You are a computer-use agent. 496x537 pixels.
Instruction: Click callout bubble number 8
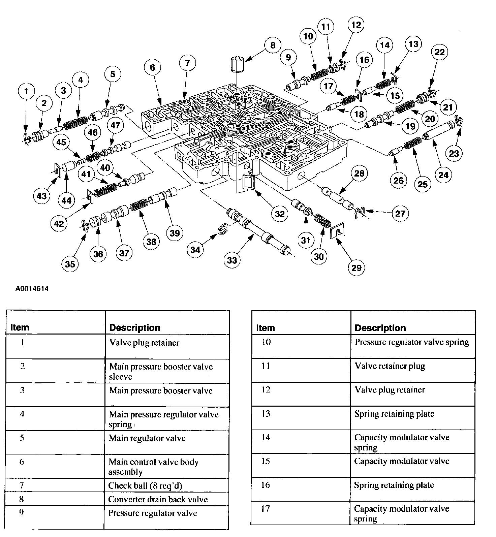click(272, 45)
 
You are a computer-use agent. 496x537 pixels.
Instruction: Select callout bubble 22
click(439, 52)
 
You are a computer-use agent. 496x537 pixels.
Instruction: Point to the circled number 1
click(27, 91)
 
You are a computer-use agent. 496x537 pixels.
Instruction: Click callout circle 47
click(115, 126)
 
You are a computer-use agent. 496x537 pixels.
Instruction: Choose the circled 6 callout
click(152, 68)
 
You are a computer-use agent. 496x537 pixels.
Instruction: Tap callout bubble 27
click(400, 213)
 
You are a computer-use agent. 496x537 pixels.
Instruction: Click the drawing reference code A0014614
click(32, 289)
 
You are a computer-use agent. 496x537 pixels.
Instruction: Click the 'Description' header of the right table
click(380, 328)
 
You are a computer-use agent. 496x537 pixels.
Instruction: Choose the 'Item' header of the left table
click(20, 327)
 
